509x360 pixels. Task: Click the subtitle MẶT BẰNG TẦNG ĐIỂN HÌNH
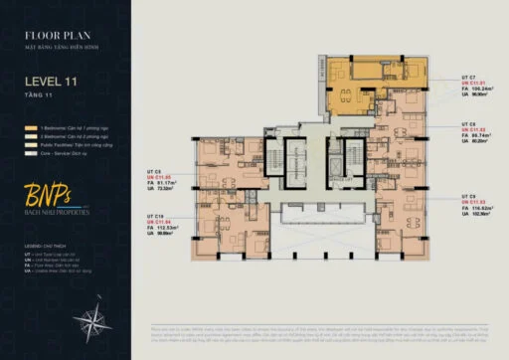62,46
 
